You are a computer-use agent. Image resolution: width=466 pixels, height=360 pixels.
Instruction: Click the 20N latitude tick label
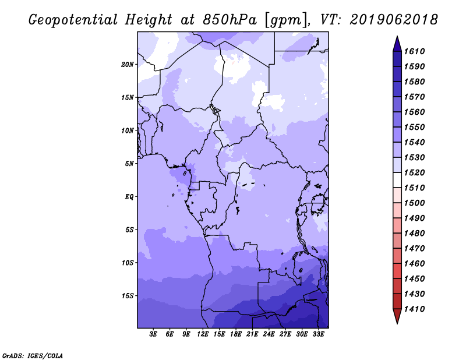coord(128,64)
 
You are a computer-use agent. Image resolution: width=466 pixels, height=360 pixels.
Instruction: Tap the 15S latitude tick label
coord(128,296)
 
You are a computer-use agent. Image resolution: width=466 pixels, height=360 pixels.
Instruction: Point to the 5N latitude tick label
coord(130,164)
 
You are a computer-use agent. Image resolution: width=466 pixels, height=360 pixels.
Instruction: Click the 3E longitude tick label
coord(154,334)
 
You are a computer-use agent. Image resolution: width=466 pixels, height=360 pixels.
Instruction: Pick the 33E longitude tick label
coord(319,334)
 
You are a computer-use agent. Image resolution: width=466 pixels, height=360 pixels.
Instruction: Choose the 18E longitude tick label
coord(236,334)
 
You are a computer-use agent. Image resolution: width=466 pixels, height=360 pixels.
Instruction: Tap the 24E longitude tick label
coord(269,334)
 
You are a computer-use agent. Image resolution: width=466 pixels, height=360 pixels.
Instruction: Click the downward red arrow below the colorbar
coord(397,316)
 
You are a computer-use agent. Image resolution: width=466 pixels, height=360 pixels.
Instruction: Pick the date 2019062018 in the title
coord(394,19)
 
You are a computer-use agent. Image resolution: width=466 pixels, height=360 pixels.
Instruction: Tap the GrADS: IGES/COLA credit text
coord(32,355)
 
